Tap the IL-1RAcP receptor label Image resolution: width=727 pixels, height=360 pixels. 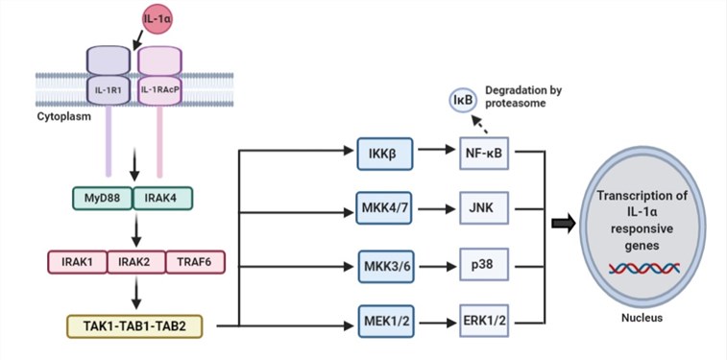161,91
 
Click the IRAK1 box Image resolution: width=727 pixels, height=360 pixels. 76,260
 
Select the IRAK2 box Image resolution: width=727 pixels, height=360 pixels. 134,260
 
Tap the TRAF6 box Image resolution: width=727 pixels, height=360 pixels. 194,260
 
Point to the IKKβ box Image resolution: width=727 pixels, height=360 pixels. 377,151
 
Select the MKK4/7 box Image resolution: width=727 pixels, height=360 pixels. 377,205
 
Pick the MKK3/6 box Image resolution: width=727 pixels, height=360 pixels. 377,266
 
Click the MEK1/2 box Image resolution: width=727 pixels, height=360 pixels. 377,325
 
